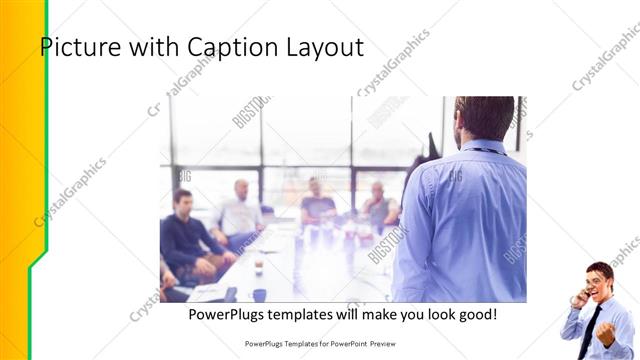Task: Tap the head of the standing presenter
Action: pyautogui.click(x=485, y=117)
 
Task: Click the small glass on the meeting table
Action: pyautogui.click(x=258, y=264)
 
